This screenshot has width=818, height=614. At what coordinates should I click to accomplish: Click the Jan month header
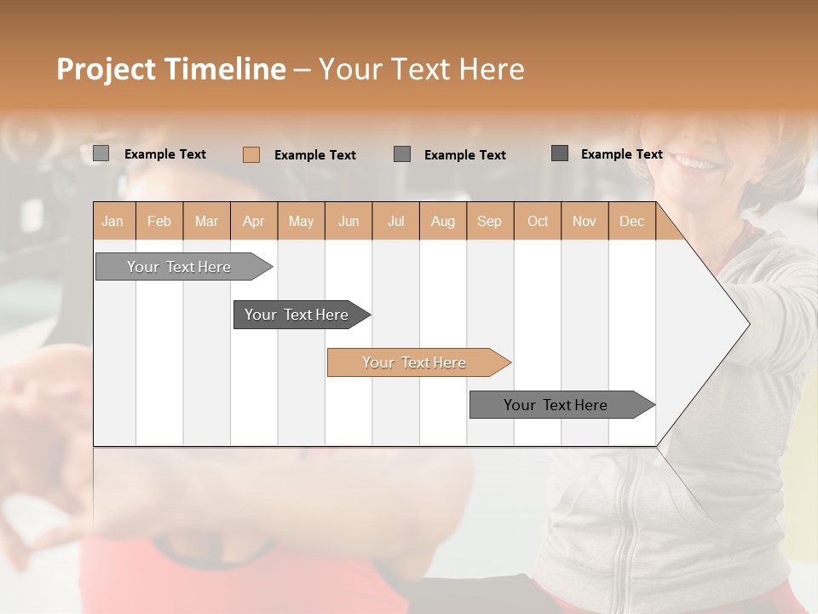[112, 221]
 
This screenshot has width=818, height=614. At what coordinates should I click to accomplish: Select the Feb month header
[159, 221]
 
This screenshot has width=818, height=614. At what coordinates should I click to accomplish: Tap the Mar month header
[206, 221]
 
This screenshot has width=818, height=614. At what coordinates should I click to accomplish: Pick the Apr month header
[254, 221]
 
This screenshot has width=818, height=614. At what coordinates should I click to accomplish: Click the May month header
[301, 221]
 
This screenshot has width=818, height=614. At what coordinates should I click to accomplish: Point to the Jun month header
[349, 221]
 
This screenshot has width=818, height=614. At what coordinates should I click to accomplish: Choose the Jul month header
[395, 221]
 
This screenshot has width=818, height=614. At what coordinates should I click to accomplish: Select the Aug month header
[443, 221]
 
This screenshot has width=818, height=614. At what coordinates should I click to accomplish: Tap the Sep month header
[490, 221]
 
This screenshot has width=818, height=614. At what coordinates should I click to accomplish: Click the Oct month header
[538, 221]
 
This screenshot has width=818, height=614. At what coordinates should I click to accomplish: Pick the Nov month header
[585, 221]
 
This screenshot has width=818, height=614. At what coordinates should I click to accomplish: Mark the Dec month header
[631, 221]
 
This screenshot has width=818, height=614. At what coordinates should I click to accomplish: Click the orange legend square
[251, 154]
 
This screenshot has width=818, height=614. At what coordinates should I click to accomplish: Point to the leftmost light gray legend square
[101, 153]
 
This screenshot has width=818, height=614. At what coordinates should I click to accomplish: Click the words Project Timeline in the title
[171, 69]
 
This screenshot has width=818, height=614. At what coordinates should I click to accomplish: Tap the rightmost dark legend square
[560, 153]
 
